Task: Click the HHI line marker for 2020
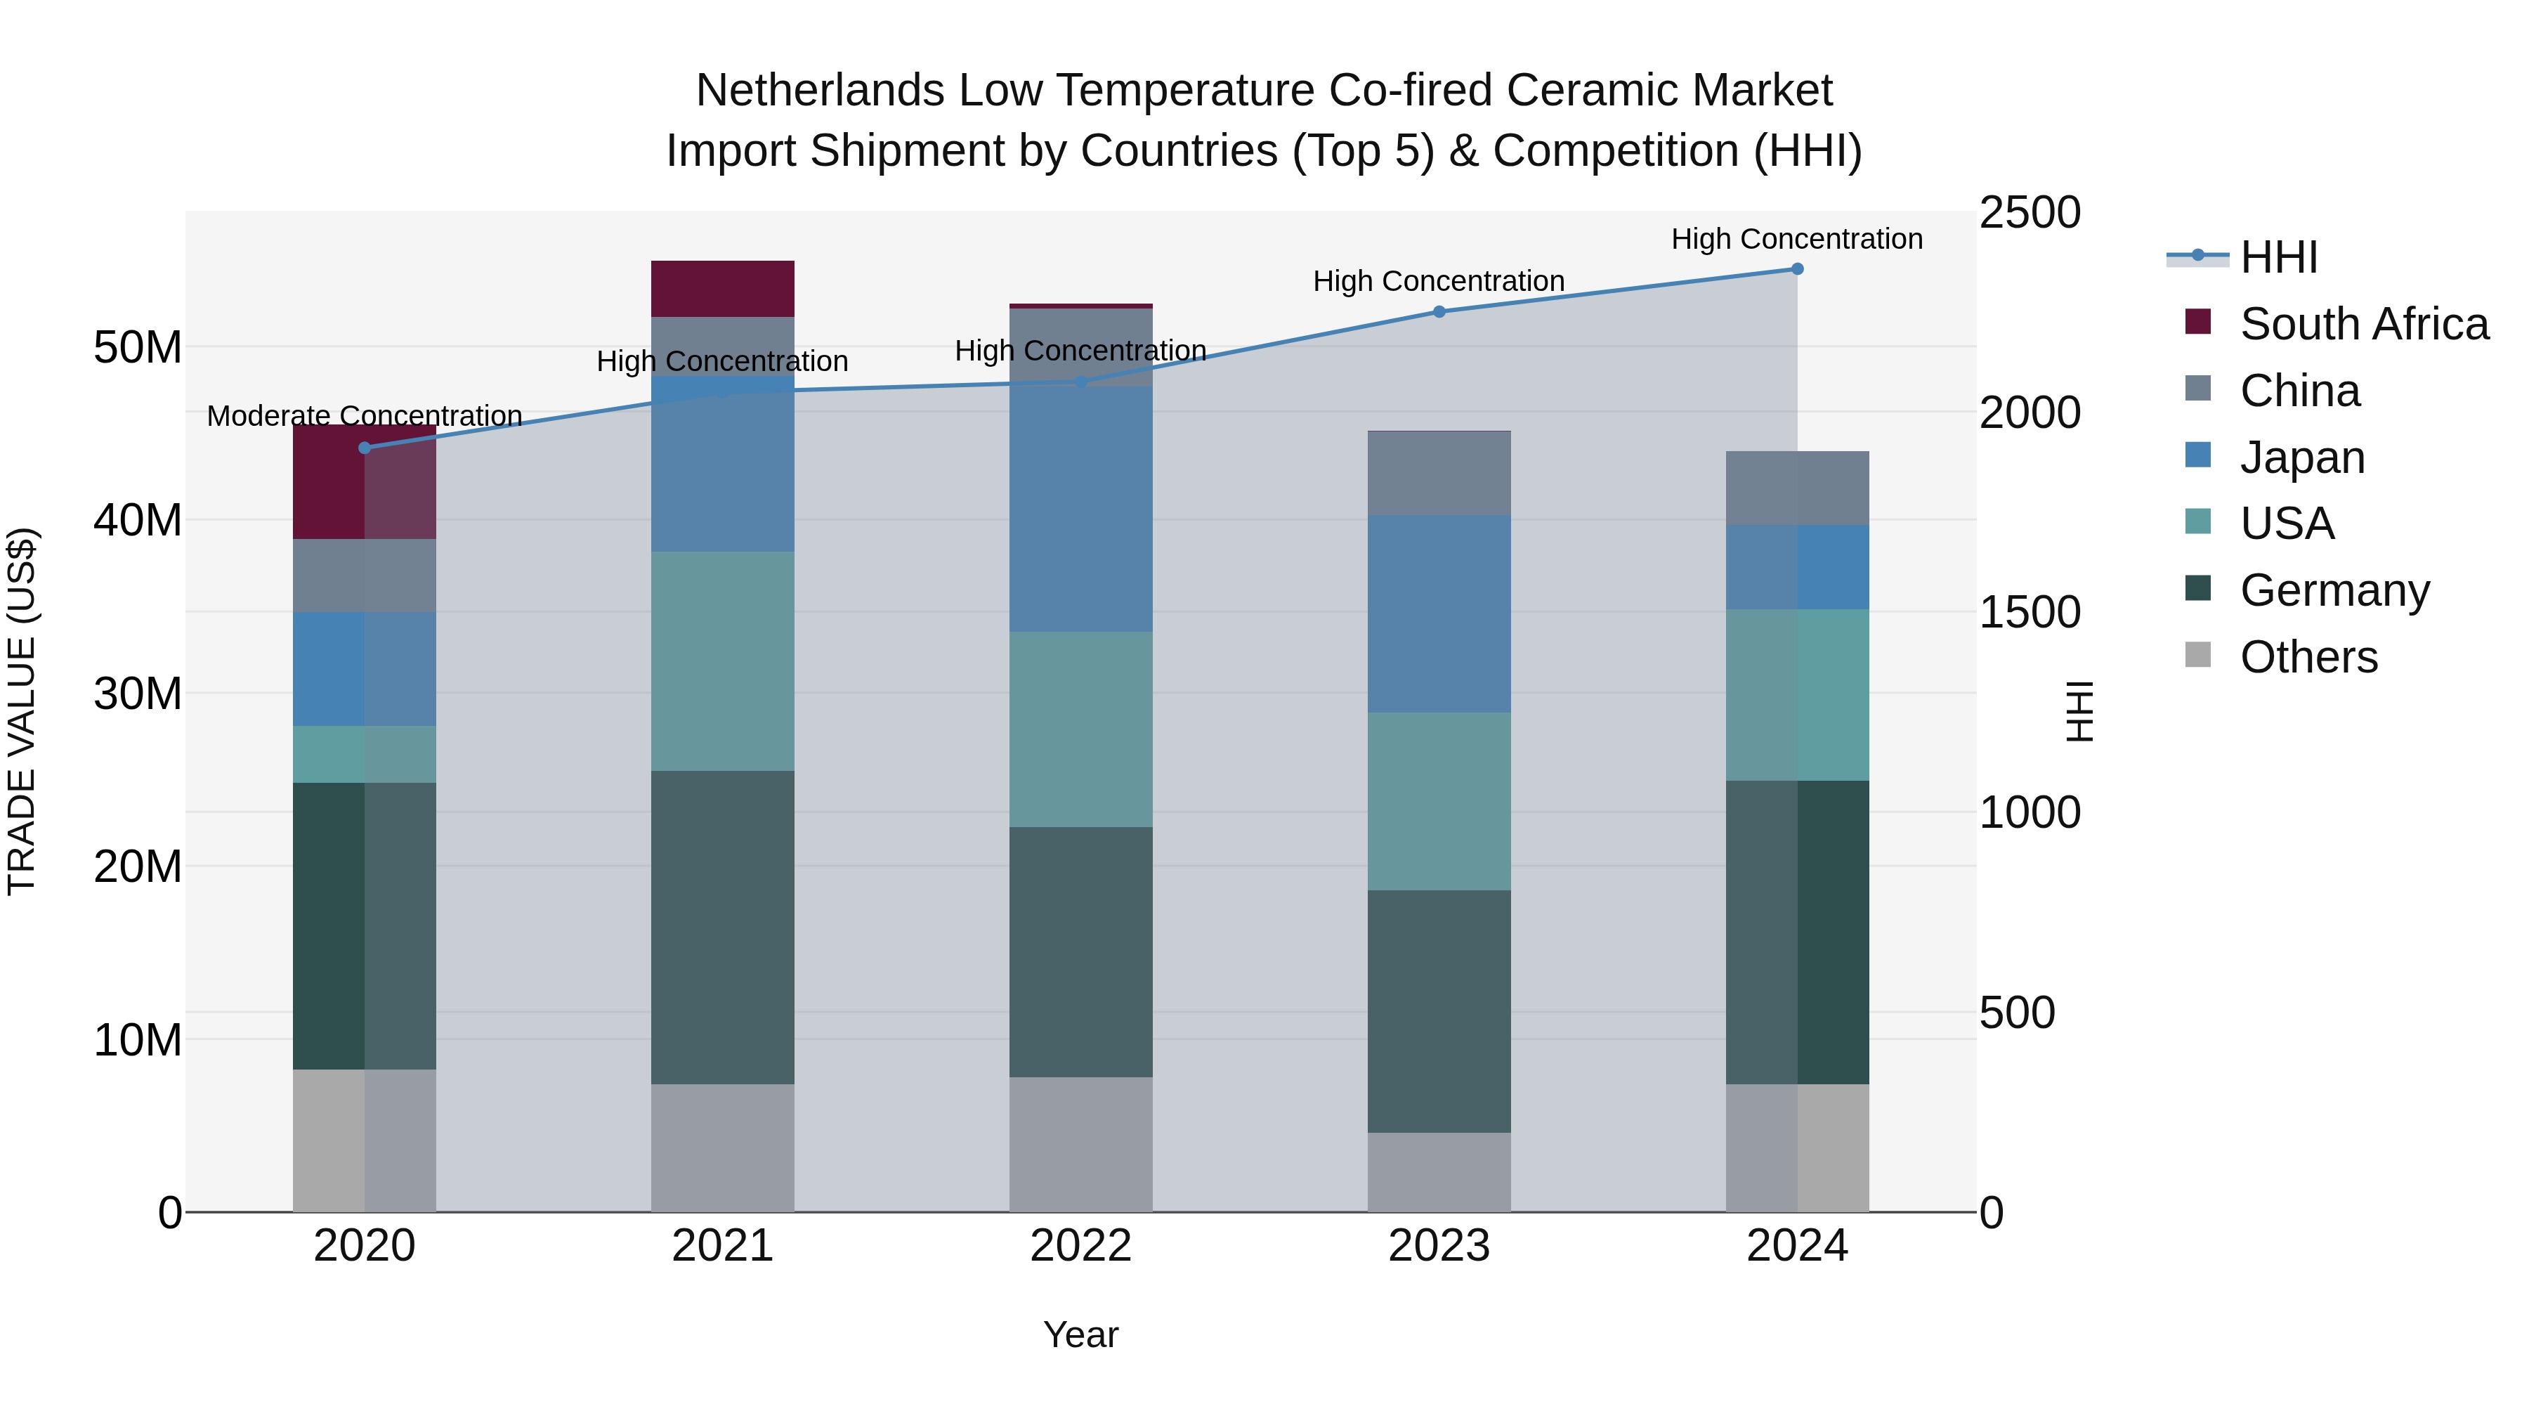coord(364,448)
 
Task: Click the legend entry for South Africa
coord(2363,324)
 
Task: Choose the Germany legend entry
coord(2334,590)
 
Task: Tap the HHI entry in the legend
coord(2278,257)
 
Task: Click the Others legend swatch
coord(2198,655)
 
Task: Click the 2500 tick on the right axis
coord(2028,213)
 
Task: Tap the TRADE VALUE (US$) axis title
coord(22,711)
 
